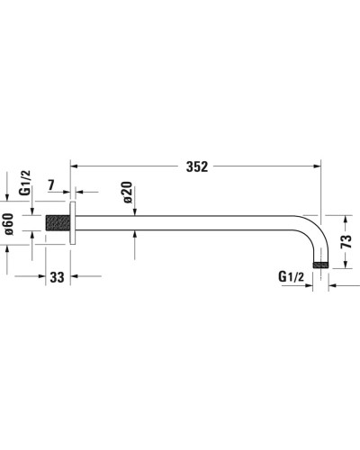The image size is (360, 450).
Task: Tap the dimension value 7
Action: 51,185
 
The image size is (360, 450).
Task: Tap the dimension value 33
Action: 57,279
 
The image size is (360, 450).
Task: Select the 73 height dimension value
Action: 346,240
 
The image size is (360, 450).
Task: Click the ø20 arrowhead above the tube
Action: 133,211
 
